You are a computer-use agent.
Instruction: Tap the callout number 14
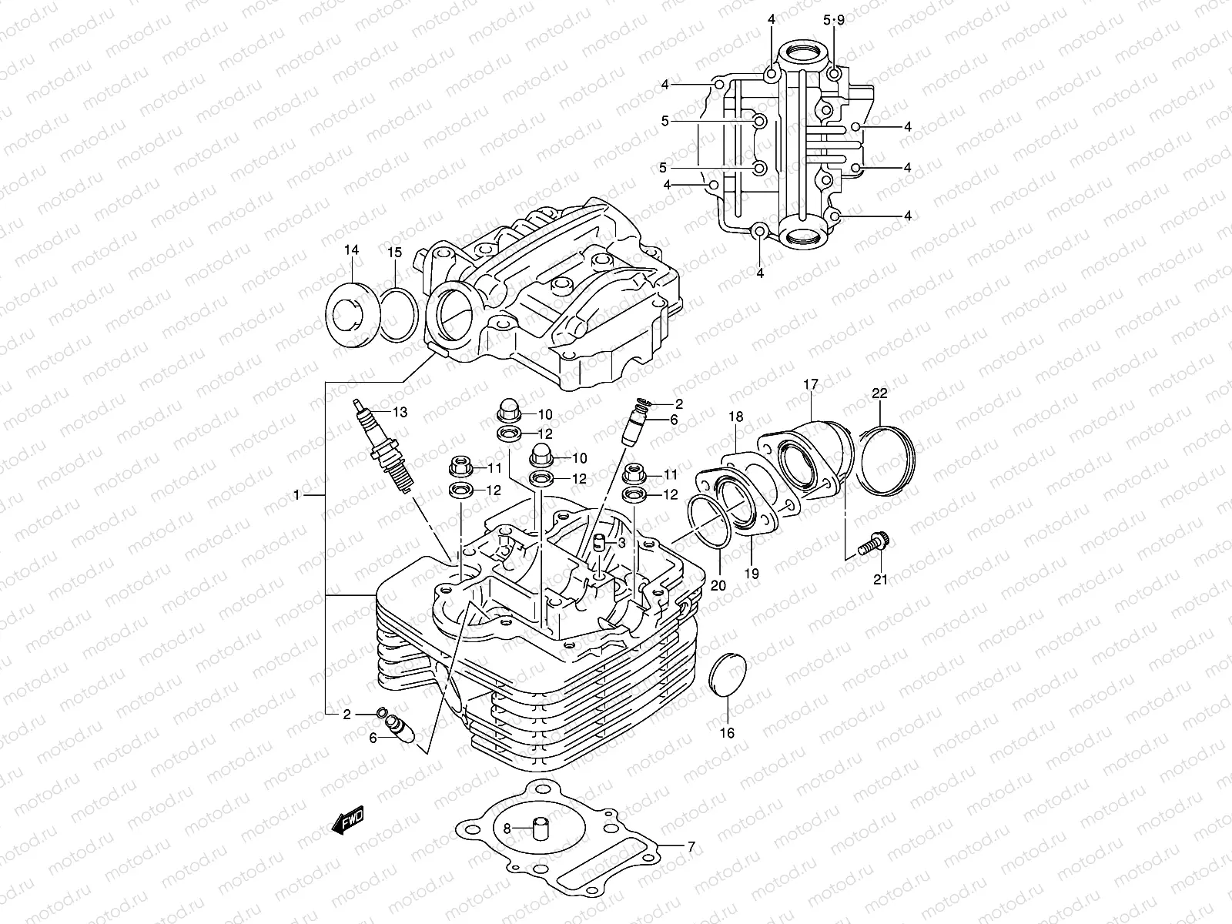(x=352, y=250)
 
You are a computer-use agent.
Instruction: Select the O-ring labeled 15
(x=399, y=313)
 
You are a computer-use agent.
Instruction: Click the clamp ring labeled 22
(x=887, y=463)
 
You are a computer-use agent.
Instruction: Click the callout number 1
(x=297, y=495)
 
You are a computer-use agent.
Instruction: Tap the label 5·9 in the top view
(x=833, y=21)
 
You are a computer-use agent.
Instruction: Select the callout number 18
(x=736, y=417)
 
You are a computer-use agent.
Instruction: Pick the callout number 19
(x=752, y=574)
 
